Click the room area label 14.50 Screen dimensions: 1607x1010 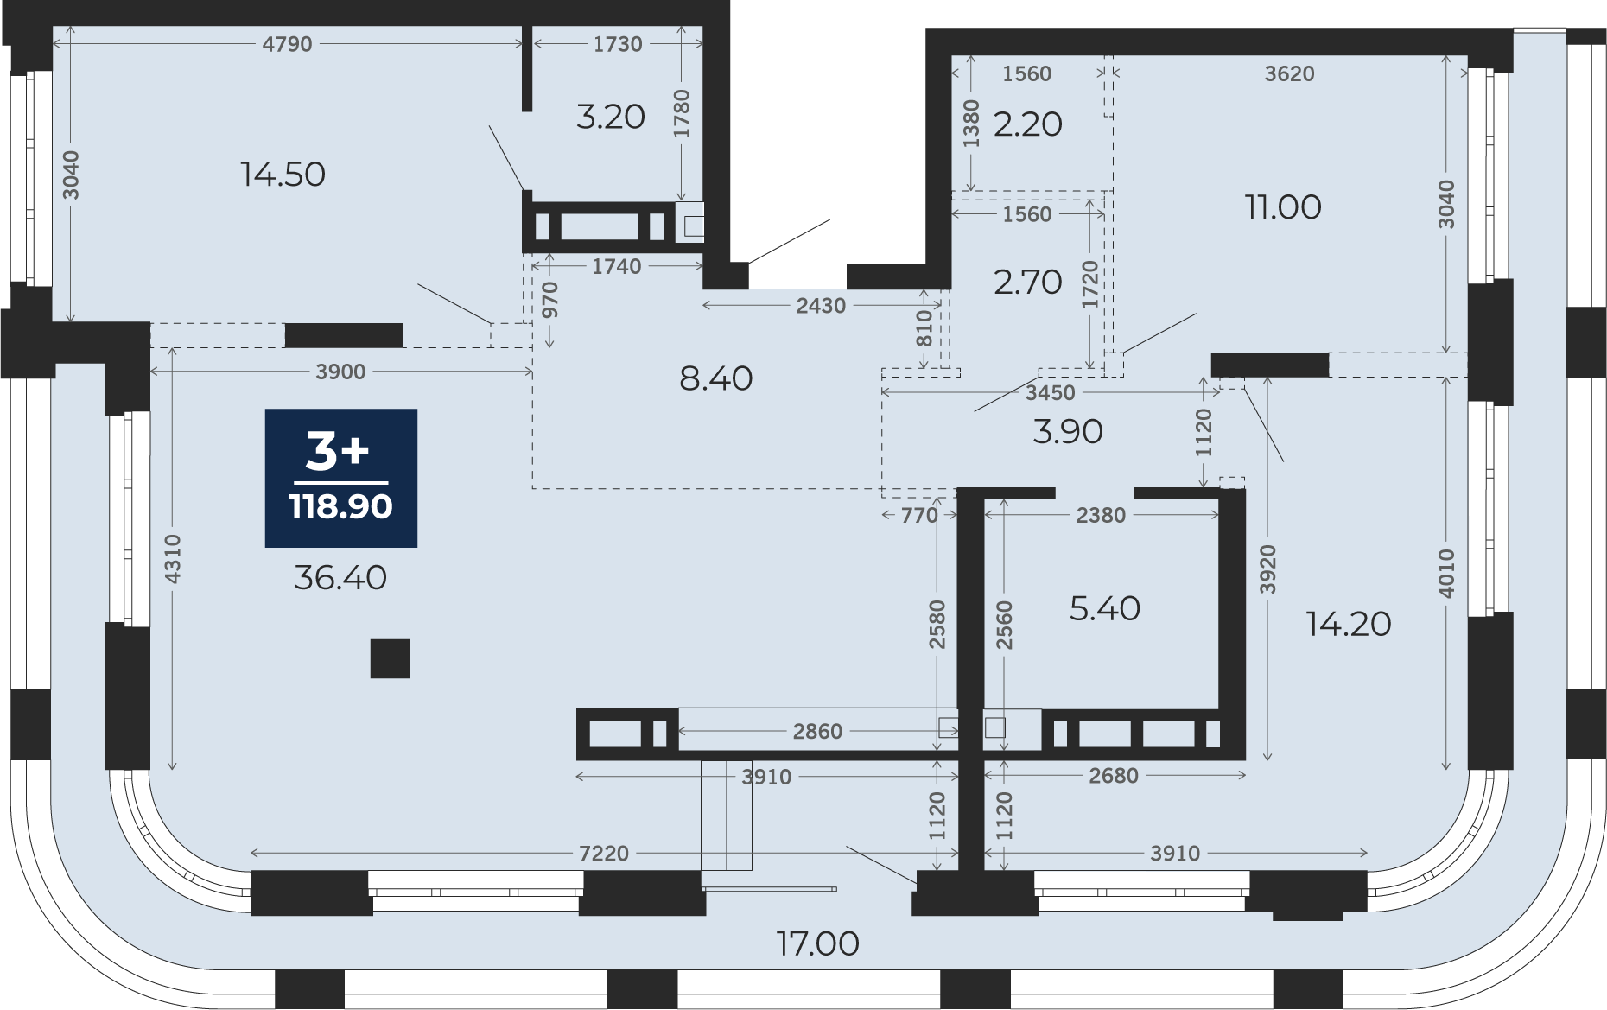click(283, 175)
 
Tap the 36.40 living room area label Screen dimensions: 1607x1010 click(340, 577)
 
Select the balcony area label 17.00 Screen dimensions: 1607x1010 click(817, 943)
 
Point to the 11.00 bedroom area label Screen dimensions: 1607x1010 click(1283, 207)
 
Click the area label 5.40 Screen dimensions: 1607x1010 click(1105, 608)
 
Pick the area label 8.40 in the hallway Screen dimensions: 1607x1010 click(715, 378)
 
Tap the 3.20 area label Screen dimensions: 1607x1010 click(611, 117)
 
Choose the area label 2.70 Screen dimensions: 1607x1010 click(1027, 283)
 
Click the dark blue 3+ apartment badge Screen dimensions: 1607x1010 click(341, 478)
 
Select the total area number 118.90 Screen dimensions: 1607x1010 click(341, 506)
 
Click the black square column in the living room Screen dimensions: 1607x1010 click(390, 658)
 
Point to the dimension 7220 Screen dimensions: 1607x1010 click(604, 854)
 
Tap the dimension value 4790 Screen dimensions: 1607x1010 click(287, 44)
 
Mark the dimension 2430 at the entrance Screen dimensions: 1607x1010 click(821, 306)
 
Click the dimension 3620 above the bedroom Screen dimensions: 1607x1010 click(1289, 73)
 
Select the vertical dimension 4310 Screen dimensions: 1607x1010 click(173, 558)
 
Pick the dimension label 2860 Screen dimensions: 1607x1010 click(817, 732)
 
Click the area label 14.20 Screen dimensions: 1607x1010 click(1349, 624)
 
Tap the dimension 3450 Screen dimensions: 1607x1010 click(1050, 393)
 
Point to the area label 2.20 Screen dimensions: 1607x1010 click(1027, 124)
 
